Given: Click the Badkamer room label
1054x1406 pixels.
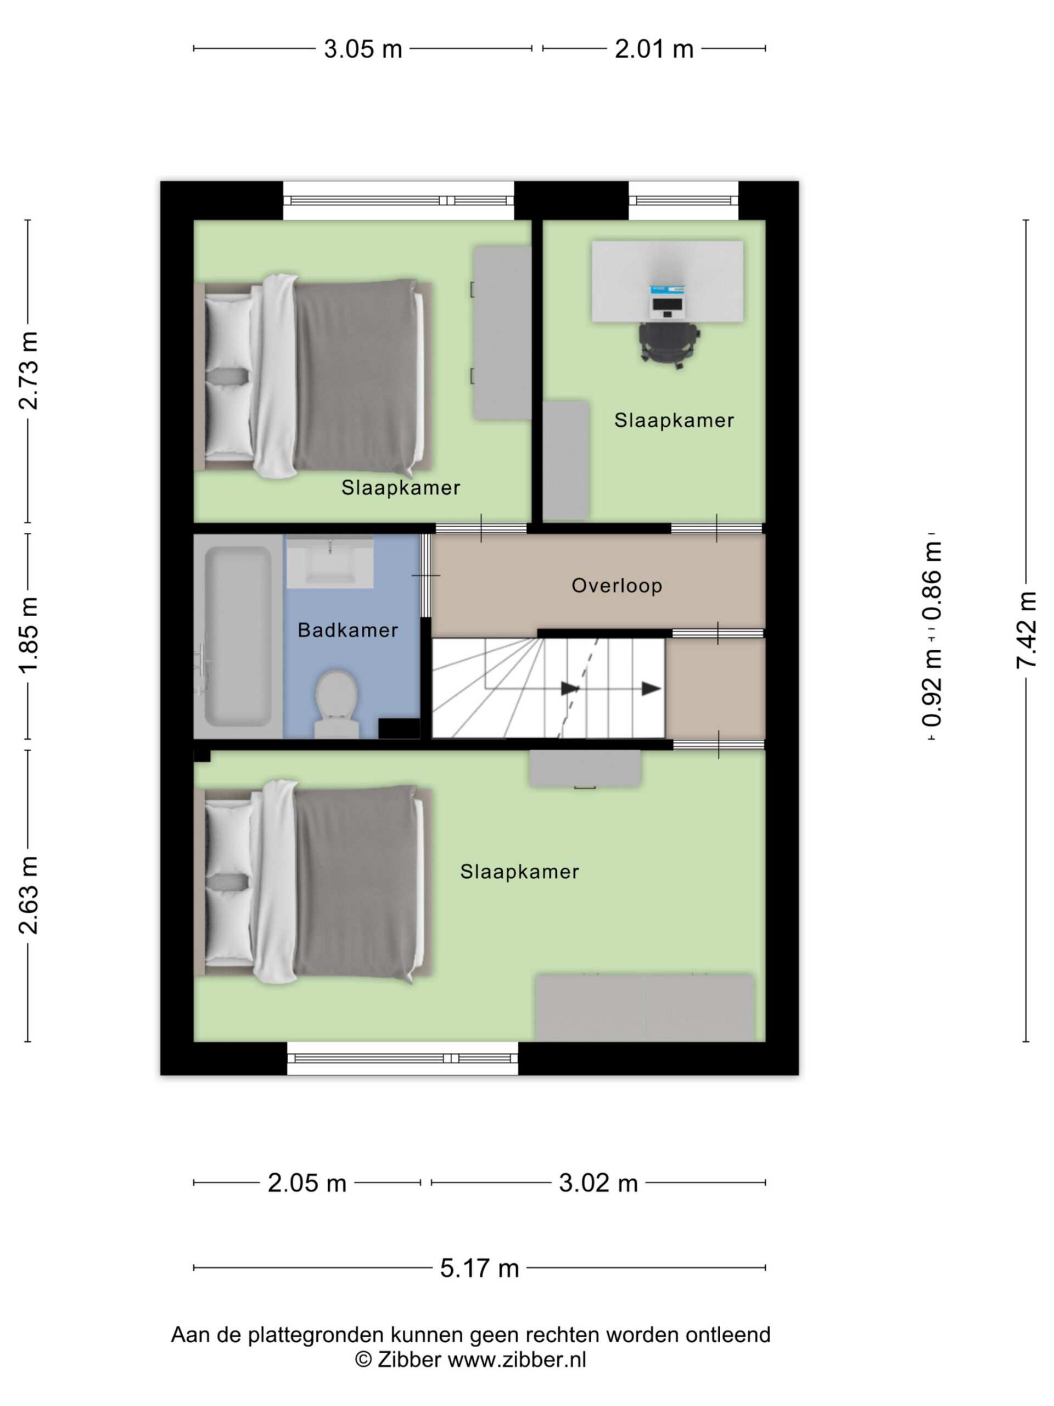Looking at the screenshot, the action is click(x=347, y=630).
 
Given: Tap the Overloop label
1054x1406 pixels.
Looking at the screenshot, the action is click(x=616, y=585).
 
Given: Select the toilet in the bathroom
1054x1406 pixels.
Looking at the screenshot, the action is click(x=337, y=704).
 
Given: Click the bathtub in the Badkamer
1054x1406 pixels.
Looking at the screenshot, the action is click(x=238, y=636).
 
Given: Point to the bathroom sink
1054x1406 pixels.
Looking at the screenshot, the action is click(x=330, y=561).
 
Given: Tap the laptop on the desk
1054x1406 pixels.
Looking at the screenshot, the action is click(x=667, y=302).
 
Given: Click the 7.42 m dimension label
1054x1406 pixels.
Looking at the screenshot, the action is click(x=1026, y=629).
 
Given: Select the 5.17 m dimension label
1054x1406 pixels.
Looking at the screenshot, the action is click(x=480, y=1268).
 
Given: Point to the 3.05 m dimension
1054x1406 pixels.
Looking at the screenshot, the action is click(x=363, y=49).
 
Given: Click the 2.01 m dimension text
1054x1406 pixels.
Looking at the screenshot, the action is click(x=654, y=49).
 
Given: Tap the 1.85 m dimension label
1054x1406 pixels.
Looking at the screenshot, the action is click(x=29, y=635).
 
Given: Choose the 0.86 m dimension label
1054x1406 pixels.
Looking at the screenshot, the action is click(x=932, y=581).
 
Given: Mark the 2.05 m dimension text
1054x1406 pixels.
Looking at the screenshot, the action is click(x=307, y=1183).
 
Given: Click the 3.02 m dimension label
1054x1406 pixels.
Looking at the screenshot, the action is click(x=598, y=1183).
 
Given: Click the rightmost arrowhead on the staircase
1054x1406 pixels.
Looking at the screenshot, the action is click(x=651, y=688).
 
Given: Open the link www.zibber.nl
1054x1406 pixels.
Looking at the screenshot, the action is click(x=517, y=1360).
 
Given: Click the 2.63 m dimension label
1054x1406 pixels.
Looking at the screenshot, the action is click(x=29, y=896).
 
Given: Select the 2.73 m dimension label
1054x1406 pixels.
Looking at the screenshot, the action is click(x=29, y=371).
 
